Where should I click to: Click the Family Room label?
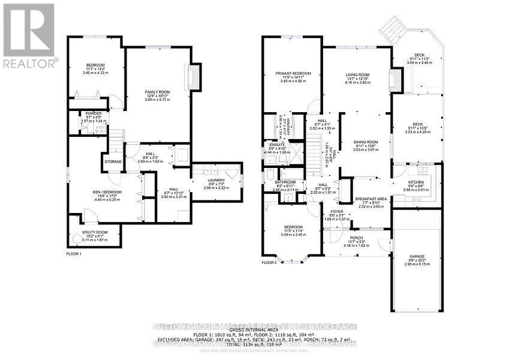[x=157, y=92]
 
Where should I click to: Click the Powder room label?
[x=93, y=113]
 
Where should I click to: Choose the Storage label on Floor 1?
[x=113, y=161]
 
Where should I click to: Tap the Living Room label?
[x=357, y=75]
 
